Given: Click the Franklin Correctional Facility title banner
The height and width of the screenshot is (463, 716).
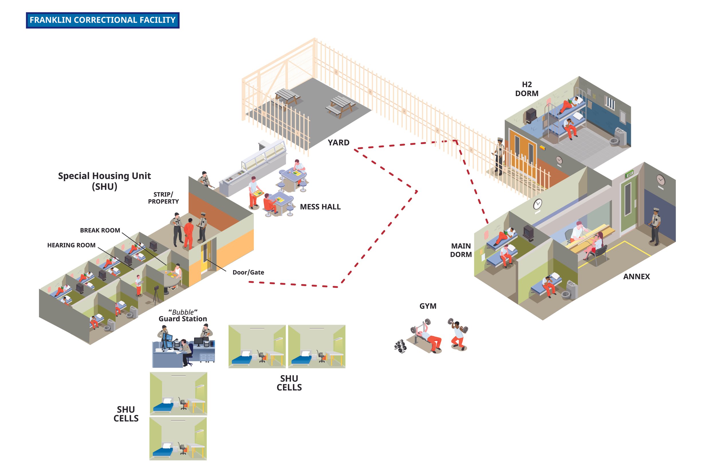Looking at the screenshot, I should click(103, 20).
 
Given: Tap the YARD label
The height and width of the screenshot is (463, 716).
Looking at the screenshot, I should click(339, 143).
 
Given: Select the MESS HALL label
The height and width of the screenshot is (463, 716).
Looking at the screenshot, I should click(320, 207).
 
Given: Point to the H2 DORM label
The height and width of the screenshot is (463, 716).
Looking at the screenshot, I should click(526, 89).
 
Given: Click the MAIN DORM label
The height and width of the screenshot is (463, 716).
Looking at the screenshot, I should click(461, 250).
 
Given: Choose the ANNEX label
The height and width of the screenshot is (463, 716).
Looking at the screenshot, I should click(636, 277).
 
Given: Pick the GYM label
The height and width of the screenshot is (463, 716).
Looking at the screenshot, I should click(428, 306).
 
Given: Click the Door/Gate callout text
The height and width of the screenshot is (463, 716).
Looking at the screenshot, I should click(248, 272).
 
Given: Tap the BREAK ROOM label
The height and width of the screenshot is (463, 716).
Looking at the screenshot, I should click(100, 230).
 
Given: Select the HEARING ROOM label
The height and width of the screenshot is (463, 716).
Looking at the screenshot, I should click(71, 245).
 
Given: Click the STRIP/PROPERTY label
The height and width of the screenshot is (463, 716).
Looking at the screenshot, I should click(163, 198).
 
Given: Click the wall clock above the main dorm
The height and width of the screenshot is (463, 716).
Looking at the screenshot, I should click(538, 204).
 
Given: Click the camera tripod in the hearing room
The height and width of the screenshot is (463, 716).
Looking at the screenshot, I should click(156, 295).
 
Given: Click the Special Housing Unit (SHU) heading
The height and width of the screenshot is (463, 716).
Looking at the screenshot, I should click(104, 181).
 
